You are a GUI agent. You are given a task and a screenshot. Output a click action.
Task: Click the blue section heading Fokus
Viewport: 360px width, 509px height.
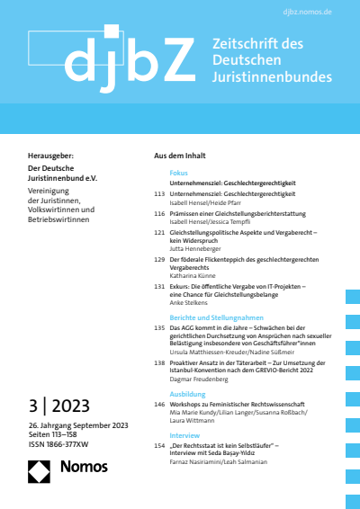coord(179,172)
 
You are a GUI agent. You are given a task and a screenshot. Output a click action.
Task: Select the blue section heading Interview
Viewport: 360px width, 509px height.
coord(184,434)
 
